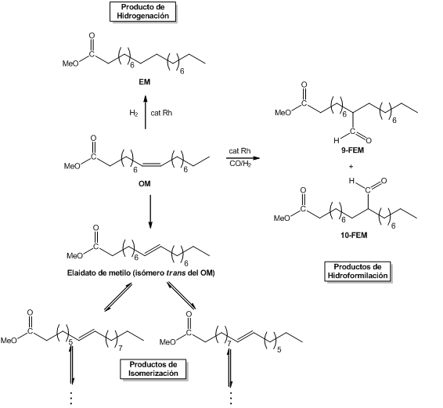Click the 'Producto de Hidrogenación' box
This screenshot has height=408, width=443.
142,11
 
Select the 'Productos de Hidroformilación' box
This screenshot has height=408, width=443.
358,271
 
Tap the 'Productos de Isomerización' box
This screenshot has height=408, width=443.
153,369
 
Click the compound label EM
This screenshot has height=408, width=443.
144,82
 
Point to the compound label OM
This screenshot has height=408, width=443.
144,184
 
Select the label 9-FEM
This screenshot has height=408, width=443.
352,150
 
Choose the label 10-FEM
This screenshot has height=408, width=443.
354,235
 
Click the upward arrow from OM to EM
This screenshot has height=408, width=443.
146,112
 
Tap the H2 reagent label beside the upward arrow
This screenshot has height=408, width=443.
134,113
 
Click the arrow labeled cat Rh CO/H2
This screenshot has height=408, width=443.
243,158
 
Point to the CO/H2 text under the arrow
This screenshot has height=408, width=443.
240,164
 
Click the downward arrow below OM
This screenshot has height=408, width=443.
150,211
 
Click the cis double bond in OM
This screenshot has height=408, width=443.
152,164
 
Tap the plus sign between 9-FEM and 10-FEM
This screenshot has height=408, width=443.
351,166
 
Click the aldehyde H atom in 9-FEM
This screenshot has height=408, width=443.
337,140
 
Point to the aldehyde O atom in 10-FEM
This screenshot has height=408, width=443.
384,181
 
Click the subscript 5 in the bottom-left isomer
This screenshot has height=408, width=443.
70,342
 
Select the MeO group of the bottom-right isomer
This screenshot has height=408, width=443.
167,342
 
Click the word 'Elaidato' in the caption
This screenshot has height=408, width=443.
78,273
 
